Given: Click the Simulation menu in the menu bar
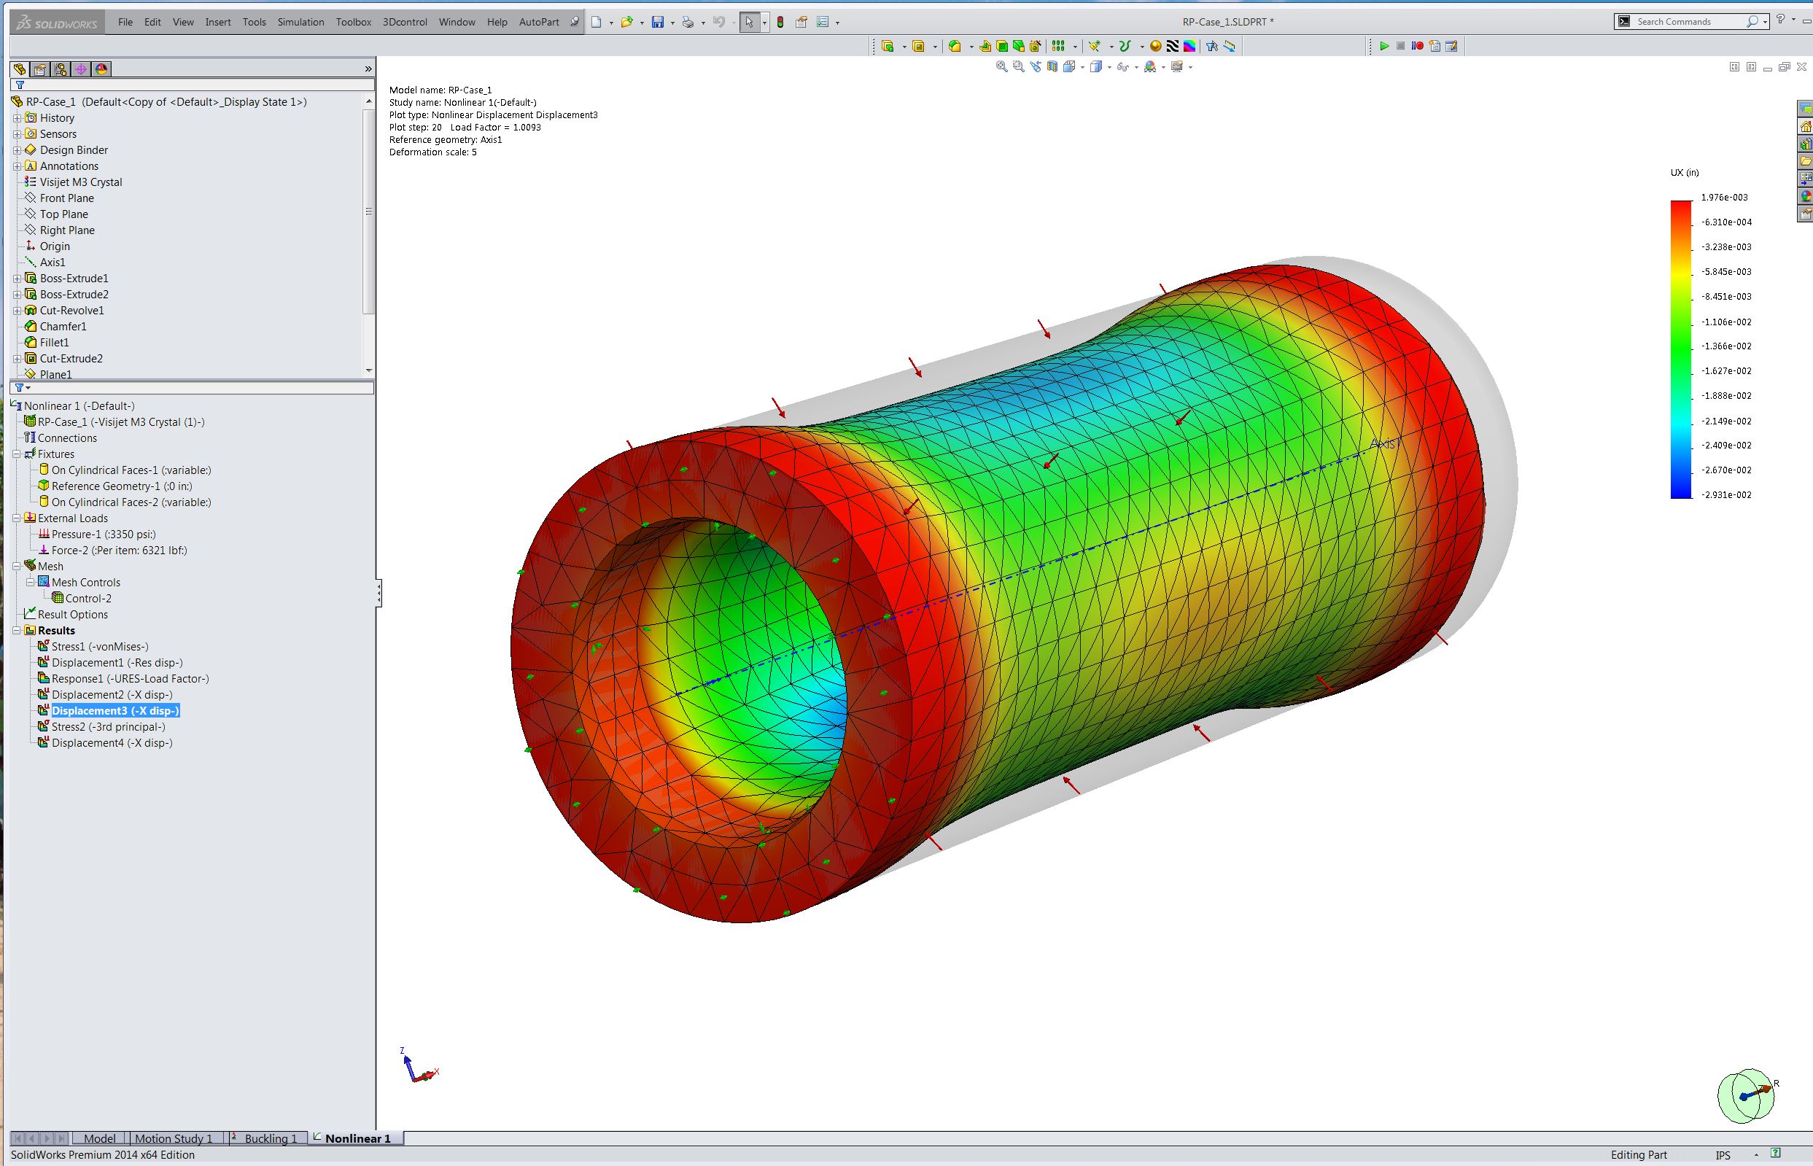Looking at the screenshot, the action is pyautogui.click(x=300, y=22).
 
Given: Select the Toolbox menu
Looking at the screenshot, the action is pyautogui.click(x=354, y=22).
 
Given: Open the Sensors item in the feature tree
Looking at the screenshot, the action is pyautogui.click(x=58, y=134).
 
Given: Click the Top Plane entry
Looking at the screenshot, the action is pyautogui.click(x=64, y=214).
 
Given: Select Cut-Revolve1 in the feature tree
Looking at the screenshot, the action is pyautogui.click(x=72, y=311).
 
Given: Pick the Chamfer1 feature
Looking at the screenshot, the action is pyautogui.click(x=63, y=327).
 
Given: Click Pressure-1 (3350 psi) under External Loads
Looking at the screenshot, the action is pyautogui.click(x=104, y=535).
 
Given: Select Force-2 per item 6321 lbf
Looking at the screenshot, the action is pyautogui.click(x=120, y=551).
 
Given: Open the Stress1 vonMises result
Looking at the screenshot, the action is pyautogui.click(x=100, y=647).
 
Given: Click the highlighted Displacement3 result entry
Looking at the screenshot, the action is pyautogui.click(x=116, y=711).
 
